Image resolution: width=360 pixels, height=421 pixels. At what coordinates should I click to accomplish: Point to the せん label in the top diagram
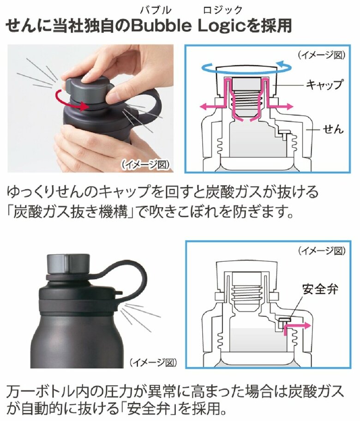click(333, 130)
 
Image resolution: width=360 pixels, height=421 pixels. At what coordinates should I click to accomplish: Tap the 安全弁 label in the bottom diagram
click(320, 290)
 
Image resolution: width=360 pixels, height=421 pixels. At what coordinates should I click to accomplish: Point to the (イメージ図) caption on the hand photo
click(146, 164)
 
